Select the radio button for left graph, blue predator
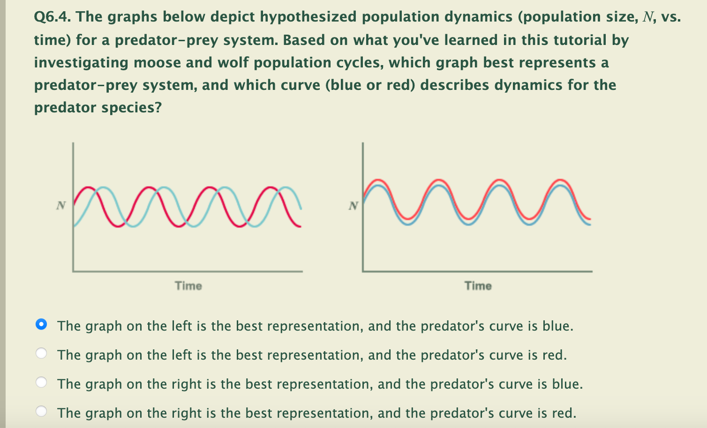[41, 325]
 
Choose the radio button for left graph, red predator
[41, 354]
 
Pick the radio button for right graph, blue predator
[41, 383]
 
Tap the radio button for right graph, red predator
[41, 412]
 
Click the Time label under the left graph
[188, 286]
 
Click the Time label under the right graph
[478, 286]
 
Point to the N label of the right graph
[353, 205]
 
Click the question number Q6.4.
[52, 17]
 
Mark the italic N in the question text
[648, 17]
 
